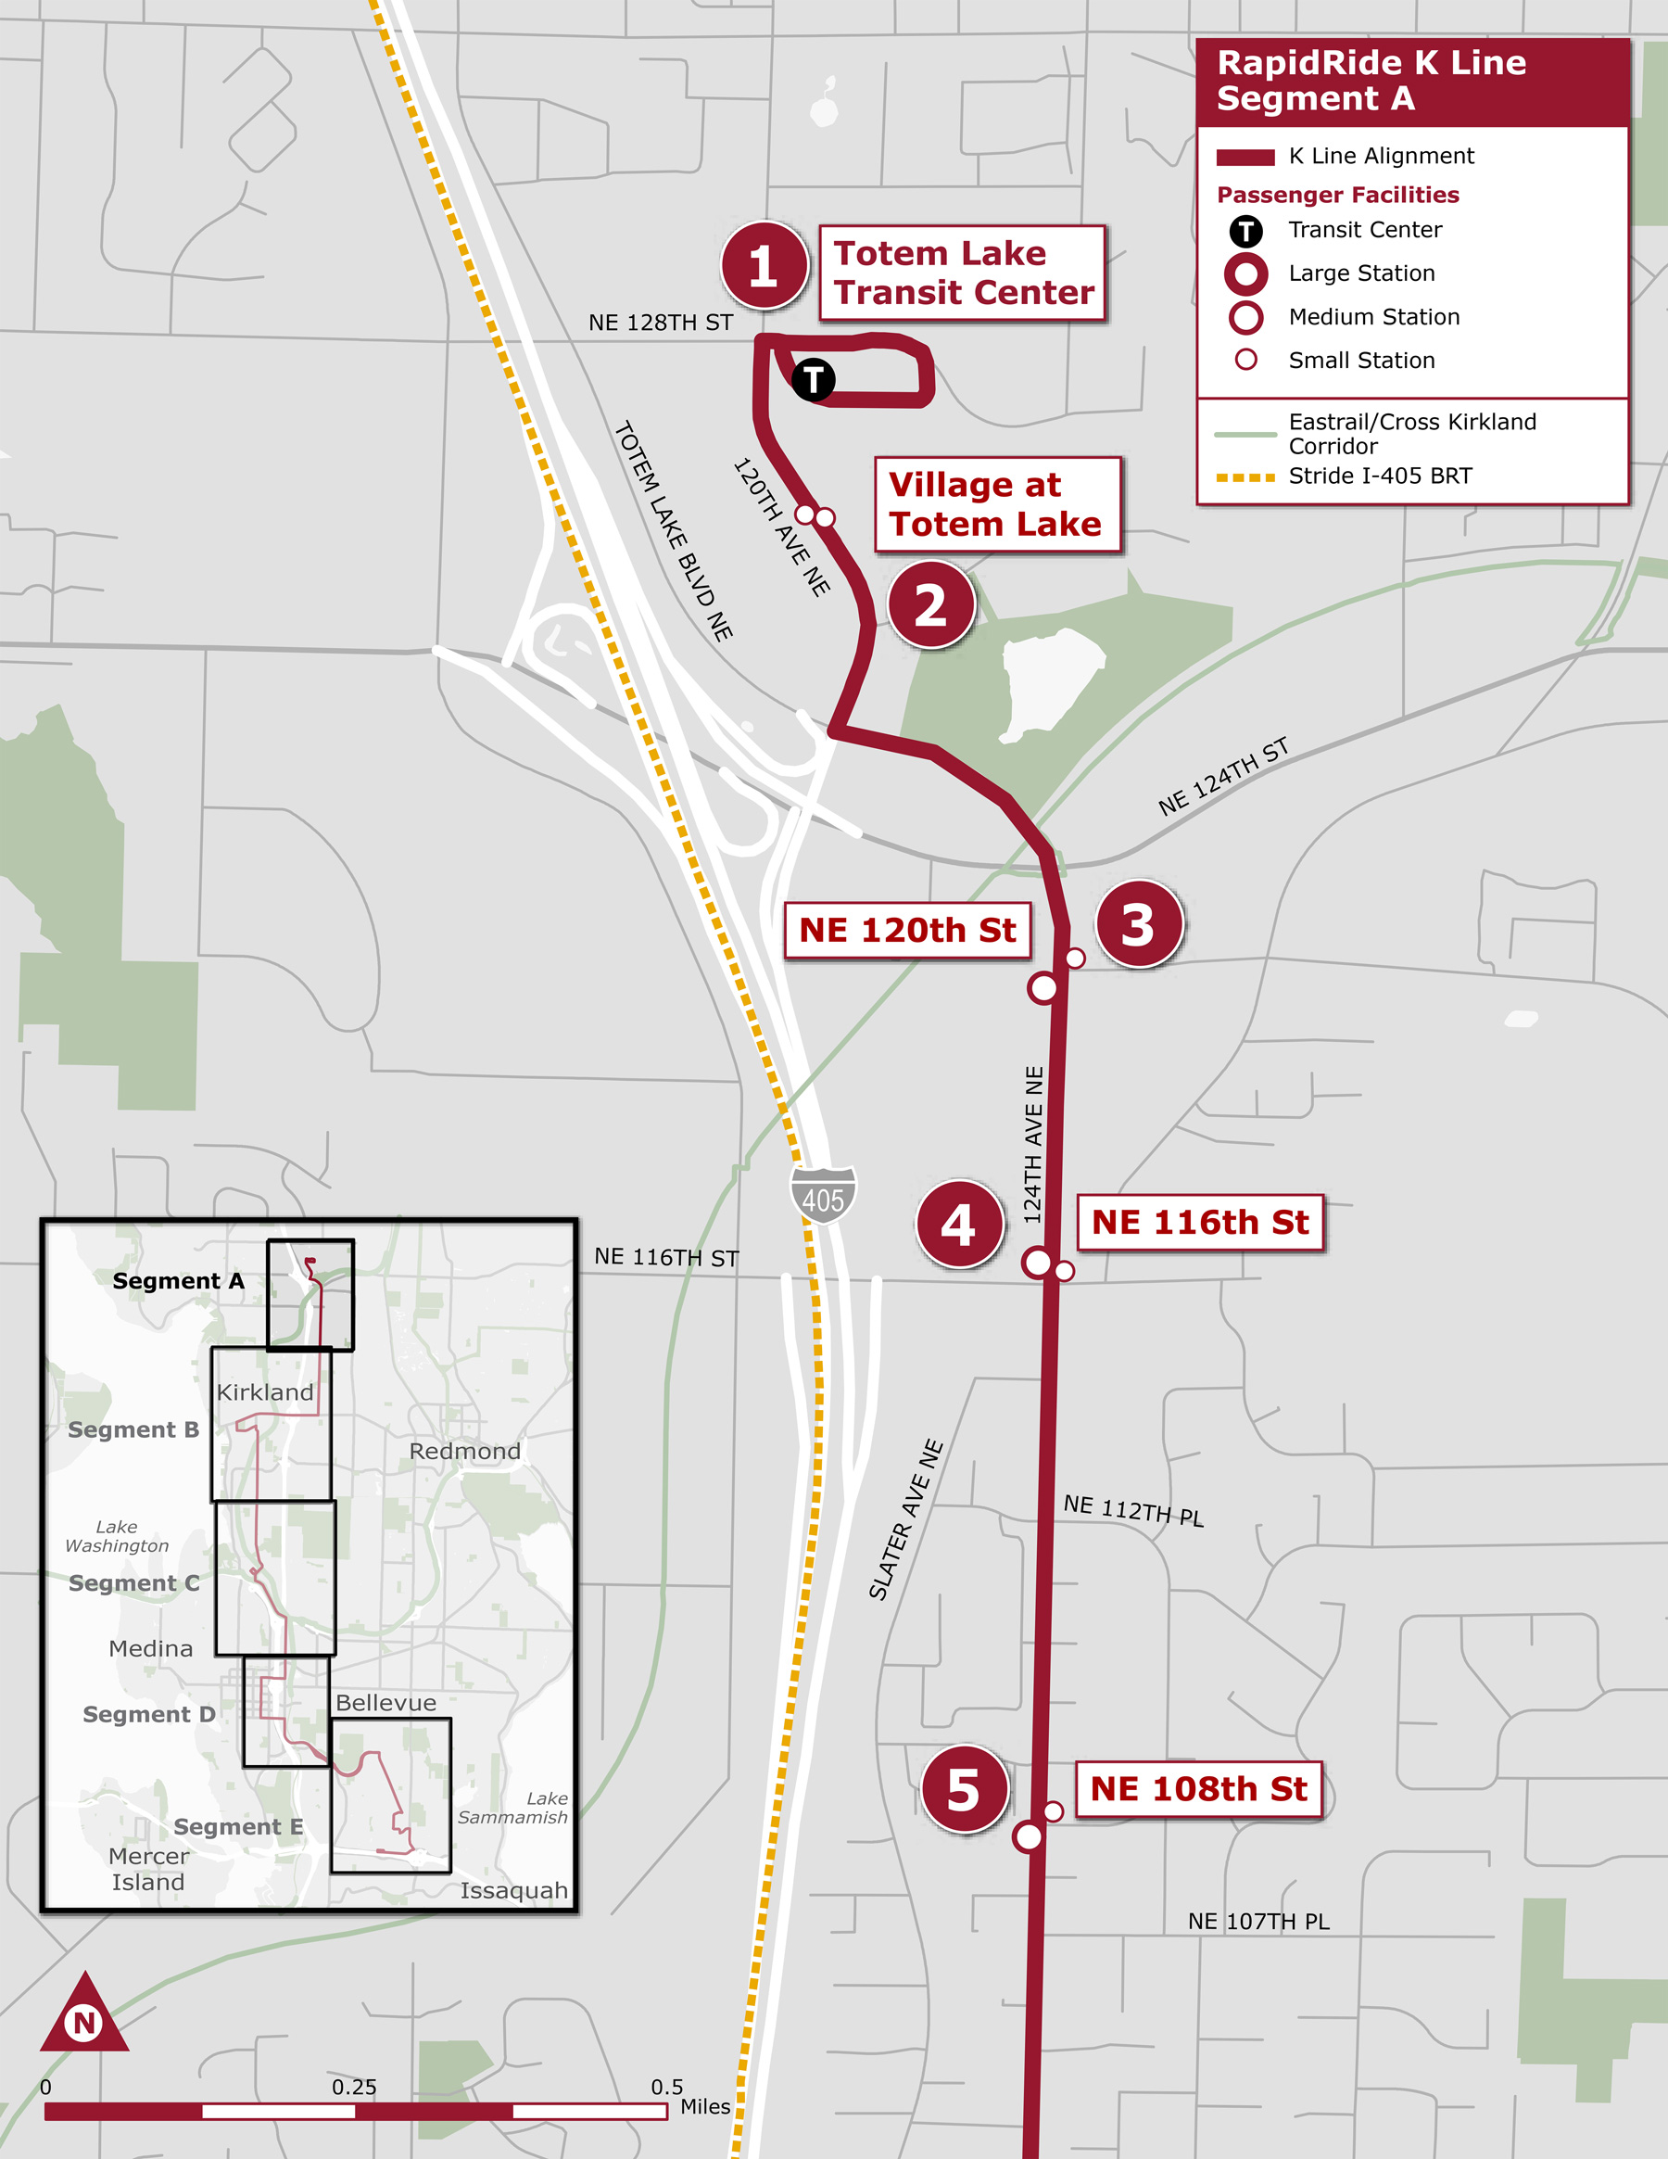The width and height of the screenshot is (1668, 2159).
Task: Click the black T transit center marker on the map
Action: click(814, 379)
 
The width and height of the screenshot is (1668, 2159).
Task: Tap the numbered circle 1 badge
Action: click(764, 265)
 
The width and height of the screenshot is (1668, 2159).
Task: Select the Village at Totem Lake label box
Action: click(997, 504)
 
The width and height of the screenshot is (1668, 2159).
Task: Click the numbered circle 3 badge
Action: click(1138, 924)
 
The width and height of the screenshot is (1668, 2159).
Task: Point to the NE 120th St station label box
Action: click(907, 930)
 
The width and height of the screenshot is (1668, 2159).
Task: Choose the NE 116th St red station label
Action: click(1200, 1223)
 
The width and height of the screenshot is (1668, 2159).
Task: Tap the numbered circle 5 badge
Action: click(964, 1789)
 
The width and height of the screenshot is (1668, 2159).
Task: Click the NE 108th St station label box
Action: click(1198, 1789)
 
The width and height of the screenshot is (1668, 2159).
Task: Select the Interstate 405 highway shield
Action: click(822, 1195)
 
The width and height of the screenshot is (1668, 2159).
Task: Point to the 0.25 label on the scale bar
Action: click(354, 2087)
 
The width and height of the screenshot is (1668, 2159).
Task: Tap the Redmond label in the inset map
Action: click(464, 1451)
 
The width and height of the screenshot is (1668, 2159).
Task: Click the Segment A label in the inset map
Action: click(178, 1281)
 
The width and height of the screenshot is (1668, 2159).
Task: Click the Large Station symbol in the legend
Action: click(1246, 273)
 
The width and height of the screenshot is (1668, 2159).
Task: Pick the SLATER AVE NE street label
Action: click(906, 1519)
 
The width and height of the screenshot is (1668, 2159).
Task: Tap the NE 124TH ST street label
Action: click(1223, 777)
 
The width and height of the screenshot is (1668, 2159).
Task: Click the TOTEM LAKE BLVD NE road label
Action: click(674, 531)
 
